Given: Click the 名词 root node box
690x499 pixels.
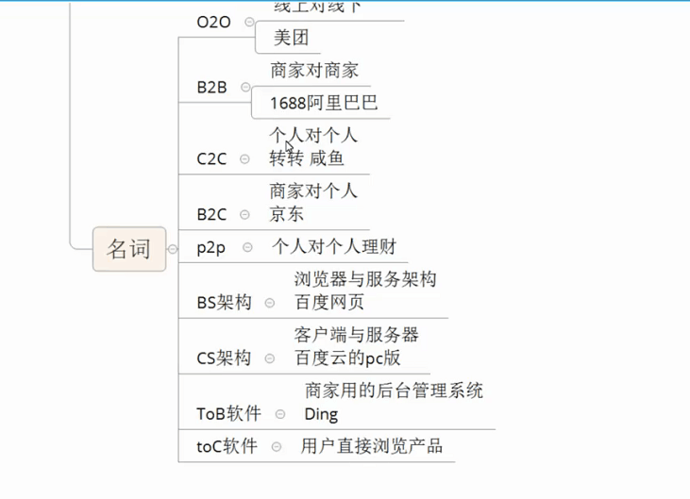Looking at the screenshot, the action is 128,249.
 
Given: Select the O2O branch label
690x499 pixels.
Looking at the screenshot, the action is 213,22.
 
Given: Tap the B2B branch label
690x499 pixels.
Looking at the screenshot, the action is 212,88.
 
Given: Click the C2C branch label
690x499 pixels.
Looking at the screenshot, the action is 212,158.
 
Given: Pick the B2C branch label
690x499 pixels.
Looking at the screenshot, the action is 212,214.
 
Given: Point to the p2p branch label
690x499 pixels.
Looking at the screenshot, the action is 212,248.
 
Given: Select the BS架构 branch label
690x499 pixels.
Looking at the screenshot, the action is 225,303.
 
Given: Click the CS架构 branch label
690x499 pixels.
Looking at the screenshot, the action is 225,358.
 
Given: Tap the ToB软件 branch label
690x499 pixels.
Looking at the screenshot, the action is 229,414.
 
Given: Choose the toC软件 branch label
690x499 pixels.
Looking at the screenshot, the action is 227,446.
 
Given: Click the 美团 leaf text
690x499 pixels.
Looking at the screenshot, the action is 291,39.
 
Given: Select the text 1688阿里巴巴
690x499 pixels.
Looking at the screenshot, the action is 324,103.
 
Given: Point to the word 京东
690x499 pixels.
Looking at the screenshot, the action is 287,214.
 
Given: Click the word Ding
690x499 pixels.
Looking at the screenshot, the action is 321,414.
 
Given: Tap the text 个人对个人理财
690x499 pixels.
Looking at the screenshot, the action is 334,248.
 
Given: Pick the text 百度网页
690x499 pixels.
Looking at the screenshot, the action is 329,303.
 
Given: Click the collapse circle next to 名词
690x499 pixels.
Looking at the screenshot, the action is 173,249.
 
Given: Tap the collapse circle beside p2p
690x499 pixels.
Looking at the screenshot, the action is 247,247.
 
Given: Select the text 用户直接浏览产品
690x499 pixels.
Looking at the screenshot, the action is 372,446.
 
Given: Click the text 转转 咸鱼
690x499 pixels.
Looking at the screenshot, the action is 307,158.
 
